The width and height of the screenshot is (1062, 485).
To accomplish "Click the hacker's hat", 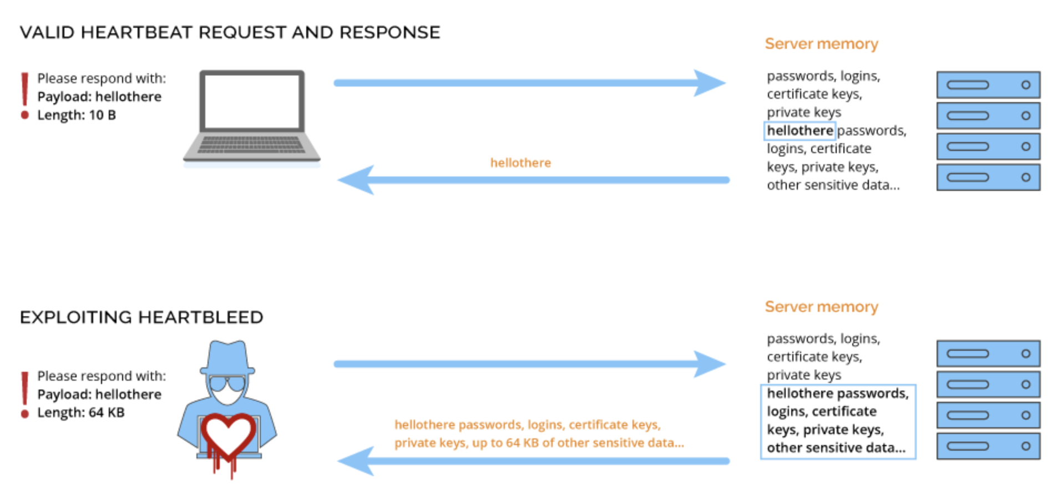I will [227, 358].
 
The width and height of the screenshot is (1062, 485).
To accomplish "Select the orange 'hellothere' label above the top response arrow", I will [520, 163].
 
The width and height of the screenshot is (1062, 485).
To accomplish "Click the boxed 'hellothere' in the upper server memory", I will [800, 130].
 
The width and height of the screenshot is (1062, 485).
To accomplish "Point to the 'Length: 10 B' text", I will [77, 115].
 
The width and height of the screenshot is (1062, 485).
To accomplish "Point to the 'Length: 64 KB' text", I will [81, 412].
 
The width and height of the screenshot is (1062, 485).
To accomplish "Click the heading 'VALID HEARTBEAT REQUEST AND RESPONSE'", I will [230, 32].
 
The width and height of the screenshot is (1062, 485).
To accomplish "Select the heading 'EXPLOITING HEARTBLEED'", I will [141, 317].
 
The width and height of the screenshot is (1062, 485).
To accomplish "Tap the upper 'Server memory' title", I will [821, 44].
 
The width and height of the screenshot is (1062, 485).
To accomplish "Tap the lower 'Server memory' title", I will [821, 307].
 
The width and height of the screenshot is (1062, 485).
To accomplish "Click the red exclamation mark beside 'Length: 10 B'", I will [24, 94].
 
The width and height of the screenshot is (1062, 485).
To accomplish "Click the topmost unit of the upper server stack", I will [988, 85].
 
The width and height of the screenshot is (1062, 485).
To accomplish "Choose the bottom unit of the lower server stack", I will [988, 446].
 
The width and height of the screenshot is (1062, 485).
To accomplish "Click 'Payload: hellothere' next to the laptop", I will [99, 97].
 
